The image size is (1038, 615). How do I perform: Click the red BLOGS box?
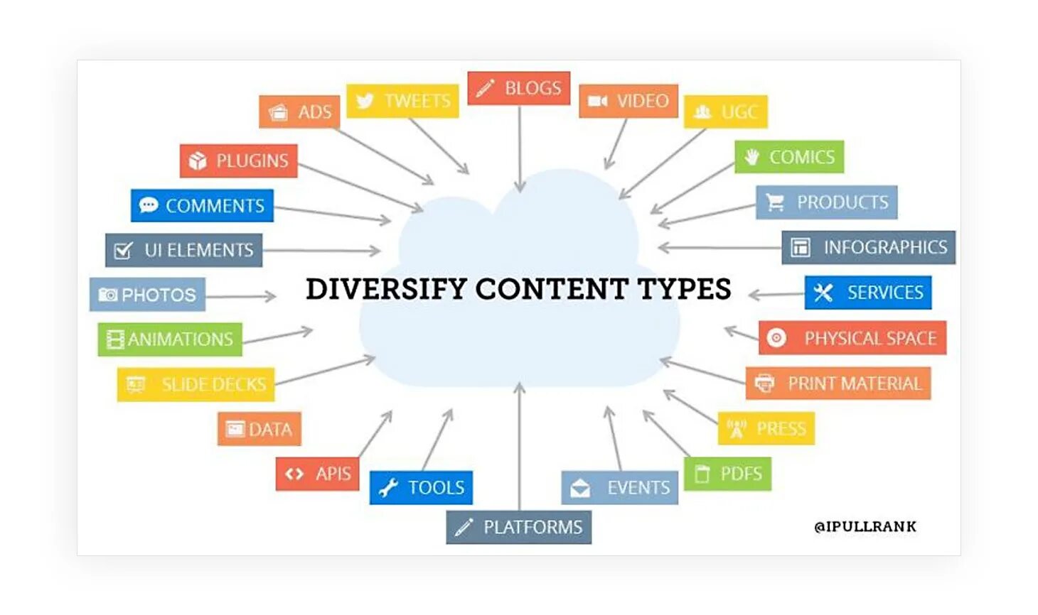519,88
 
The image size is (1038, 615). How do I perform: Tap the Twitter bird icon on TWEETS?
365,101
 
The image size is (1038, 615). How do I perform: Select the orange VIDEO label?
628,101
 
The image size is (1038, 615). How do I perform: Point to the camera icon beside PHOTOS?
108,295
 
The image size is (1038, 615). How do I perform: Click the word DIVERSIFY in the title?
386,289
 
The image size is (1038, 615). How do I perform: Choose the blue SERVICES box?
868,293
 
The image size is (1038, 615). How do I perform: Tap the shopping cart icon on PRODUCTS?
775,203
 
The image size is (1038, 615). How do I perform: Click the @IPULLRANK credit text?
865,526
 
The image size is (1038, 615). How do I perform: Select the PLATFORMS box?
518,527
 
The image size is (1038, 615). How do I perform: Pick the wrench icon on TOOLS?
388,488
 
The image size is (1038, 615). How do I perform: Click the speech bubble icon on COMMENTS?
149,205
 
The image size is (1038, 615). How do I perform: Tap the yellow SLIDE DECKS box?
196,384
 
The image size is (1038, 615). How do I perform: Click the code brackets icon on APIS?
294,474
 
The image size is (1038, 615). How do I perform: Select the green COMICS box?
789,157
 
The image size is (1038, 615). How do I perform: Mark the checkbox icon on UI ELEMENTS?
124,251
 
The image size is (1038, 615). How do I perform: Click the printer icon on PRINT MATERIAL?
764,383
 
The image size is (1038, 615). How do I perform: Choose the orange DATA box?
259,429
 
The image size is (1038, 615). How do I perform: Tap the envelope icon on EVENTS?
580,488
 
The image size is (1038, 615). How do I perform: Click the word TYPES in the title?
684,289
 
